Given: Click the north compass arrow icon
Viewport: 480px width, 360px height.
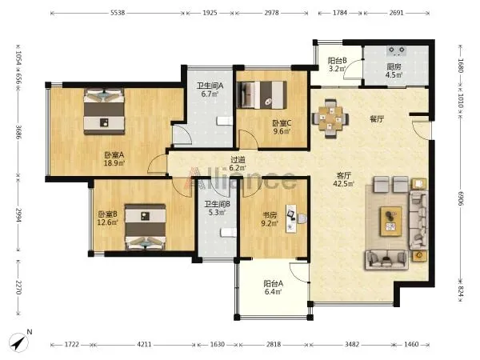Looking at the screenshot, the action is (18, 342).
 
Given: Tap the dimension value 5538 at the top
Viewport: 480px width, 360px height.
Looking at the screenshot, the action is (118, 13).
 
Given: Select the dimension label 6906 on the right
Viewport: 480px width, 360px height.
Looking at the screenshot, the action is (461, 198).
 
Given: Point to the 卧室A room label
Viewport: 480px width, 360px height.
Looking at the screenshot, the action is (114, 155).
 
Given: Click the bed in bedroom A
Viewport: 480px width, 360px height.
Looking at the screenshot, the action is (104, 111).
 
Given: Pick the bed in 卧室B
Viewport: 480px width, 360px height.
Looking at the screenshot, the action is (146, 227).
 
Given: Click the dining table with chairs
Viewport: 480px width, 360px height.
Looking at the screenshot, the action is (330, 118).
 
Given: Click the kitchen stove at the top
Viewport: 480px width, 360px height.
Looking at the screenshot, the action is (397, 51).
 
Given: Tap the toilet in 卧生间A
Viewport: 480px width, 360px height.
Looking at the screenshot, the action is (225, 122).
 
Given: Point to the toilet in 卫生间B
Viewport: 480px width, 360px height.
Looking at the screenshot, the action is (229, 233).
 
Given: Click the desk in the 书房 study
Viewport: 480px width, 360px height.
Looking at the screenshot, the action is (291, 218).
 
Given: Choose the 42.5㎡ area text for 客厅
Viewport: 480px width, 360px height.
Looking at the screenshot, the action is (343, 184).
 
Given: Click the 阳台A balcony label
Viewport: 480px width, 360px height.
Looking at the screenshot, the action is (274, 283).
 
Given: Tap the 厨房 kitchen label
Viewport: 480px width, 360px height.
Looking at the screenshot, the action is (394, 66).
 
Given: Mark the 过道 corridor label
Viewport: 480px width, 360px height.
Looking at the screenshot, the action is (238, 159).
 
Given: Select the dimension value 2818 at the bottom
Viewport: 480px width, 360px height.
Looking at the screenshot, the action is (274, 344).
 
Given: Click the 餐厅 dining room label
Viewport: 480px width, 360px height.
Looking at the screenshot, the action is (377, 119).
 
